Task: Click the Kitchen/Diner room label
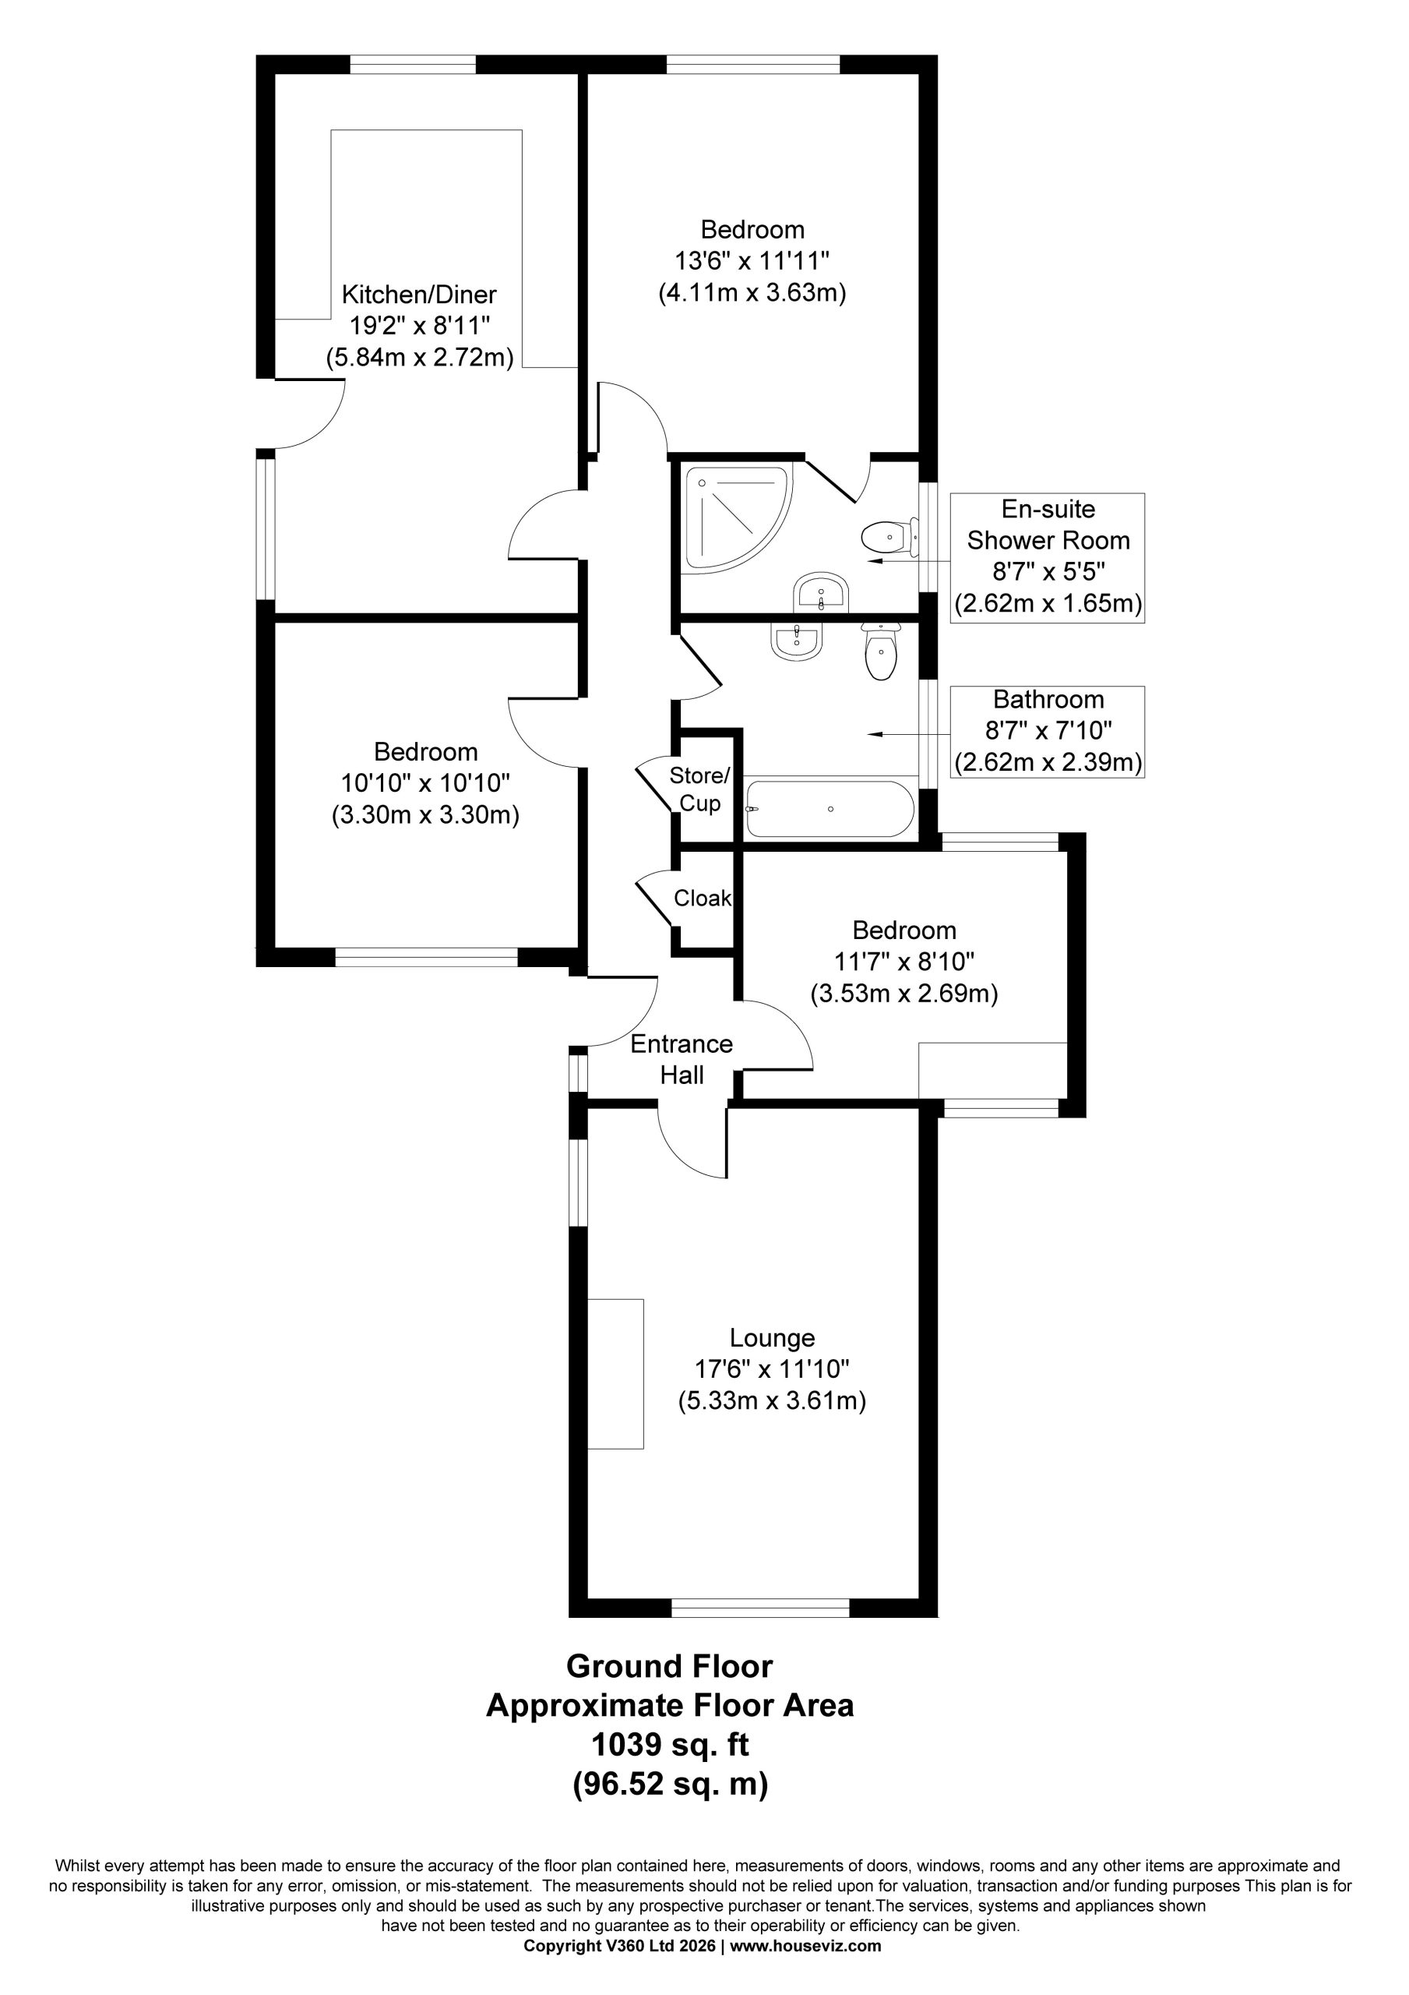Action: coord(419,294)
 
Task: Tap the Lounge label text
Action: coord(771,1338)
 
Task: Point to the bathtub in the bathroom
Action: coord(830,809)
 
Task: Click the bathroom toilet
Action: coord(881,651)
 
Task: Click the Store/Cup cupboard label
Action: coord(700,788)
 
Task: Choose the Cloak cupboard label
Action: coord(703,898)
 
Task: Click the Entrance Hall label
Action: coord(682,1059)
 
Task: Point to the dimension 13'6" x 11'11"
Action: coord(752,260)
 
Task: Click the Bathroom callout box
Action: coord(1048,732)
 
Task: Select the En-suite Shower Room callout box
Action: coord(1048,558)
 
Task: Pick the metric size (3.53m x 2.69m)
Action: coord(904,993)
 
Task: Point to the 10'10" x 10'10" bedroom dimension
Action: coord(425,783)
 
